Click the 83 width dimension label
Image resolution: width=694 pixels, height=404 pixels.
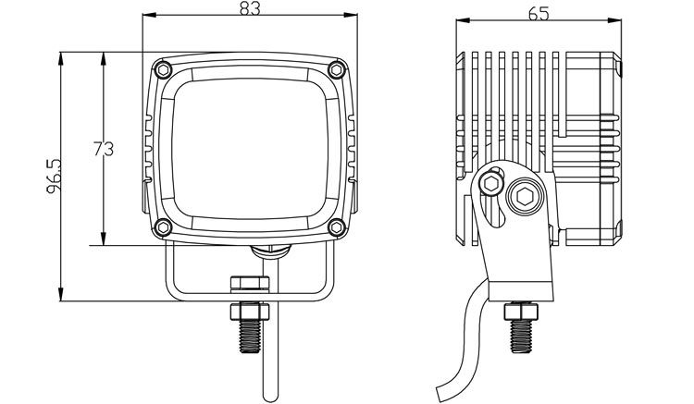[249, 9]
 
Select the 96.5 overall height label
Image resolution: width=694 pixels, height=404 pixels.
[55, 177]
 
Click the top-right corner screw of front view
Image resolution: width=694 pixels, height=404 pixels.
[337, 67]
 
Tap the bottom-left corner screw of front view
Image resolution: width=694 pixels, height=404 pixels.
[163, 227]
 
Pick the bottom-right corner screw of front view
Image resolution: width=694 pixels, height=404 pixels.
[337, 226]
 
